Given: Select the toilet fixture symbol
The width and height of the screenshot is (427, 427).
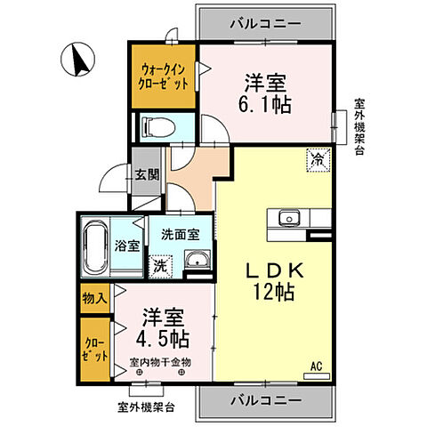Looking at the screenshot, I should tap(159, 126).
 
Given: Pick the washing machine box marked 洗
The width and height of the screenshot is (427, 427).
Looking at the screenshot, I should tap(160, 264).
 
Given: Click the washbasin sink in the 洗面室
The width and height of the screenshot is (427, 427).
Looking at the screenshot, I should tap(197, 261).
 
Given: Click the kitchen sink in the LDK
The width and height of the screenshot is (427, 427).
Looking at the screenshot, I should tap(291, 218).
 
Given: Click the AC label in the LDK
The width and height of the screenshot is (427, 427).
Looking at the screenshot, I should tap(316, 364).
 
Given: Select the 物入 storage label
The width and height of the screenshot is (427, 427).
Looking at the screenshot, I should tap(94, 298).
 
